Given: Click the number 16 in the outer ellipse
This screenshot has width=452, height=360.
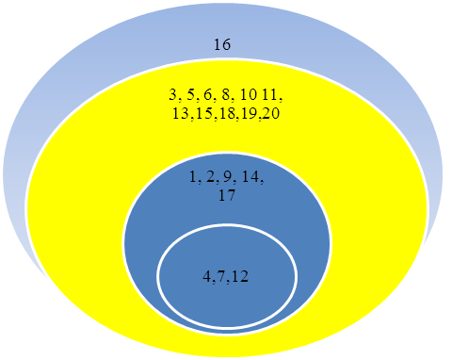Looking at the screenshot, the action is (222, 44).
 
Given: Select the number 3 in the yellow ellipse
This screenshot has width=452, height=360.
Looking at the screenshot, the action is (173, 94).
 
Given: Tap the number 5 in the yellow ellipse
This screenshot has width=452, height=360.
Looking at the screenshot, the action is (190, 94).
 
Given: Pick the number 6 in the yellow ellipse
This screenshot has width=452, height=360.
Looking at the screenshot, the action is (208, 94).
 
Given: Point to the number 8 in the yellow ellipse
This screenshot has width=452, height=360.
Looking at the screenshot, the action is (226, 94).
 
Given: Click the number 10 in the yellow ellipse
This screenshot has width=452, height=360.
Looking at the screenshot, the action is (248, 94).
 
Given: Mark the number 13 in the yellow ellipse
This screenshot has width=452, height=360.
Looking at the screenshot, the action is (181, 113).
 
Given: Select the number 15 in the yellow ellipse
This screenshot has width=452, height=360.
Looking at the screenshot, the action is (204, 113).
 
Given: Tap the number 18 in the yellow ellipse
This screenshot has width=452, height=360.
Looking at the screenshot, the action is (228, 113).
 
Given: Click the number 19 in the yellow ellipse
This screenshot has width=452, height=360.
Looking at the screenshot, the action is (250, 113).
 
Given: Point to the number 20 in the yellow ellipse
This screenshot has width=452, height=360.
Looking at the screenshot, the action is (271, 113).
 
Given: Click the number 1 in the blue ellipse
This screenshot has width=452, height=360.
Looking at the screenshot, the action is (193, 177).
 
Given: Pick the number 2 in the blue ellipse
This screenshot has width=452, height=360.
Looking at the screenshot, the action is (210, 177).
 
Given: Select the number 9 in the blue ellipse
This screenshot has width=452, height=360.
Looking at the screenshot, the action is (228, 177).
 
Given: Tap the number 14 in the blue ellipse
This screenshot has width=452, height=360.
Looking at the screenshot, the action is (250, 177).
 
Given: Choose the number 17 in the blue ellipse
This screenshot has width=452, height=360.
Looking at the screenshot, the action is (227, 195).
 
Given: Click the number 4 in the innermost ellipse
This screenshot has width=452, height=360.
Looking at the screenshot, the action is (207, 277).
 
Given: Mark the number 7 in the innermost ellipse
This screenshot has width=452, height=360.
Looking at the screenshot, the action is (221, 277).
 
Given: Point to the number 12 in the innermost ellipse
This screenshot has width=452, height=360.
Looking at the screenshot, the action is (240, 277).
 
